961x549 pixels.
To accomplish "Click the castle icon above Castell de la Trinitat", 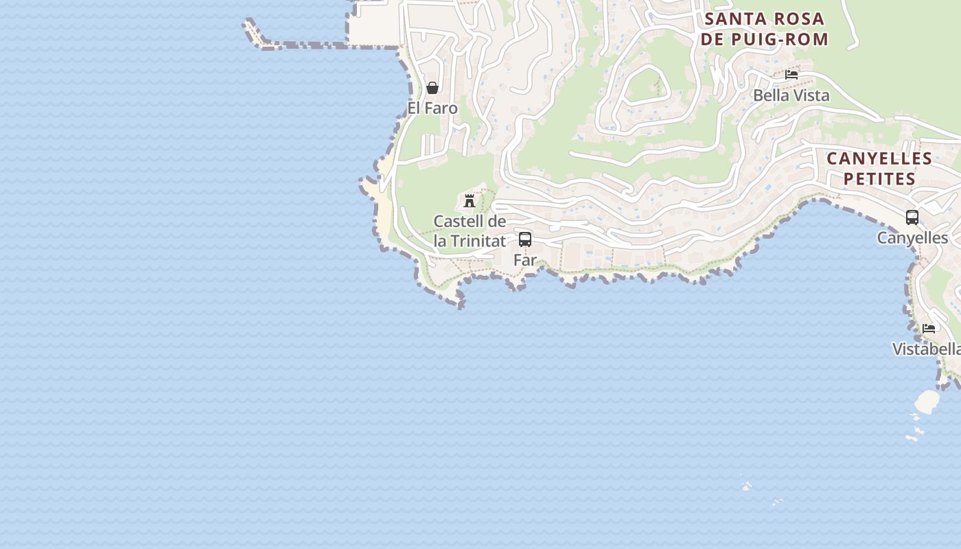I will click(470, 201).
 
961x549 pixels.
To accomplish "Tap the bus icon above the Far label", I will click(525, 240).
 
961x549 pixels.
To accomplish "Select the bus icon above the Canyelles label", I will click(912, 218).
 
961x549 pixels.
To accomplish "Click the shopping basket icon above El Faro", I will click(432, 88).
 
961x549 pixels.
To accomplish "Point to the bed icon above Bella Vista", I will click(791, 75).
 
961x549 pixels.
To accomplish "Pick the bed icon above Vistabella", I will click(929, 329).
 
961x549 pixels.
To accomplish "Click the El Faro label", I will click(432, 108).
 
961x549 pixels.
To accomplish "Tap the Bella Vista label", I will click(791, 95).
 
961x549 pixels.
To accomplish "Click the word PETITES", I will click(879, 179).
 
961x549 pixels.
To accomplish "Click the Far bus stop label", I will click(525, 260).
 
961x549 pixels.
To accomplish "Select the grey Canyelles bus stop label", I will click(912, 238).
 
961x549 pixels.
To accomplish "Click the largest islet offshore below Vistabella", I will click(927, 401).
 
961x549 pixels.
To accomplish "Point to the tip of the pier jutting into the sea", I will click(248, 23).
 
